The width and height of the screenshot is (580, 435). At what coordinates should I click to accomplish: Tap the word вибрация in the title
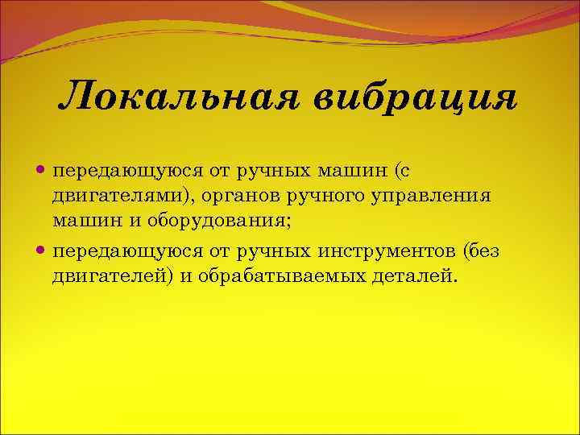pos(413,98)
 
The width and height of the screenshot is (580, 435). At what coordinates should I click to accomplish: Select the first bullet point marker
pos(42,171)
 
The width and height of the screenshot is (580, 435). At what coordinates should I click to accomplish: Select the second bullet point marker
pos(42,251)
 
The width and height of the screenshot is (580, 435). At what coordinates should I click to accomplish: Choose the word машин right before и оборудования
pos(78,220)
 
